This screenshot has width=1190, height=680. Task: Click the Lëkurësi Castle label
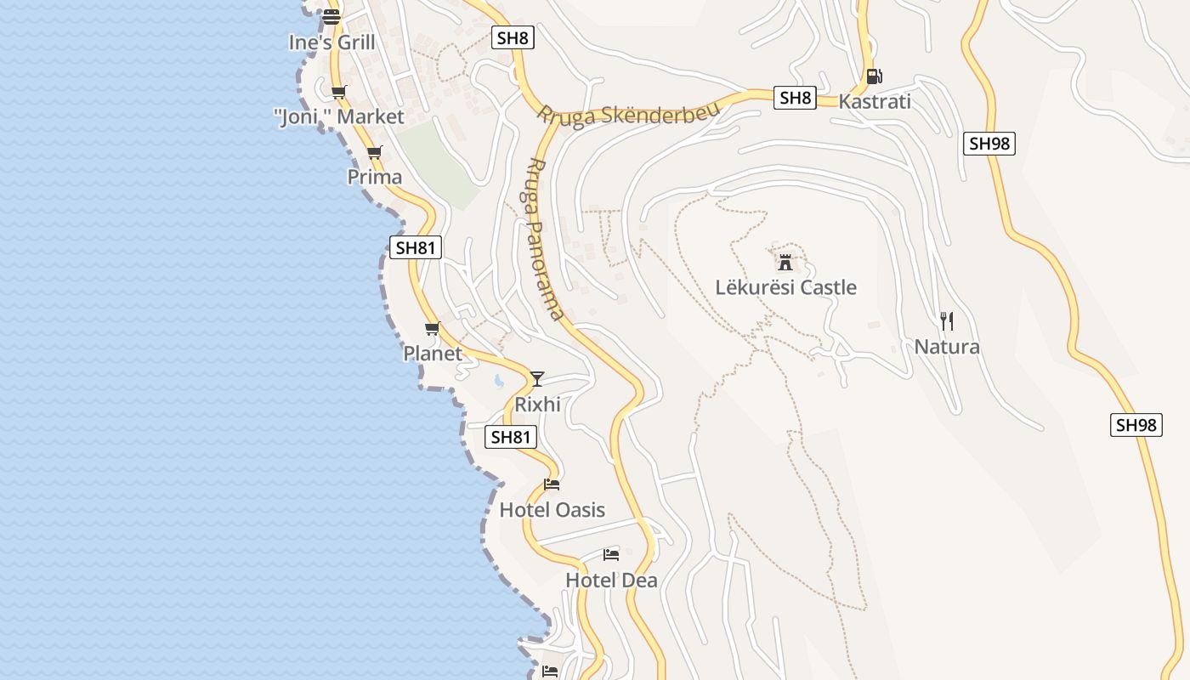tap(785, 287)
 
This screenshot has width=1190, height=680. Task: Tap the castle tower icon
tap(785, 261)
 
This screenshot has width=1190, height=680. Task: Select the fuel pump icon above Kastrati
tap(874, 76)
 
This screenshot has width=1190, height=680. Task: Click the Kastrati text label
tap(875, 102)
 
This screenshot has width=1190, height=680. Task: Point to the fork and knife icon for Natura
tap(947, 321)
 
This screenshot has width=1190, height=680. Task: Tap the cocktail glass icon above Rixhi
tap(537, 378)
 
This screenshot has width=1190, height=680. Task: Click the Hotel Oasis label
tap(552, 510)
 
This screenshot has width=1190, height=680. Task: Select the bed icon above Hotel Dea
tap(611, 555)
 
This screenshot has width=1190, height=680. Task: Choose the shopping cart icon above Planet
tap(433, 329)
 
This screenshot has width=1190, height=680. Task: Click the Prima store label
tap(375, 177)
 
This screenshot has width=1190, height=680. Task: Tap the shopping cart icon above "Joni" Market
tap(339, 92)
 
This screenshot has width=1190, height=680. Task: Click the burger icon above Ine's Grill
tap(331, 16)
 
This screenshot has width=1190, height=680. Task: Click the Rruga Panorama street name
tap(546, 239)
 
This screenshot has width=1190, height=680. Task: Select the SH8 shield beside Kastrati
tap(796, 98)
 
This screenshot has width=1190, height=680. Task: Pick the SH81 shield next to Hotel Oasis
tap(511, 437)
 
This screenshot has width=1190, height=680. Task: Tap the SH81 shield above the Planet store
tap(416, 248)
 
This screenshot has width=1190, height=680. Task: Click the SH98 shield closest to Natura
tap(1136, 425)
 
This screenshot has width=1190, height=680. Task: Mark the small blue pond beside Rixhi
tap(498, 382)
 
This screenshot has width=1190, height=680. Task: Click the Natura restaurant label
tap(947, 347)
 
